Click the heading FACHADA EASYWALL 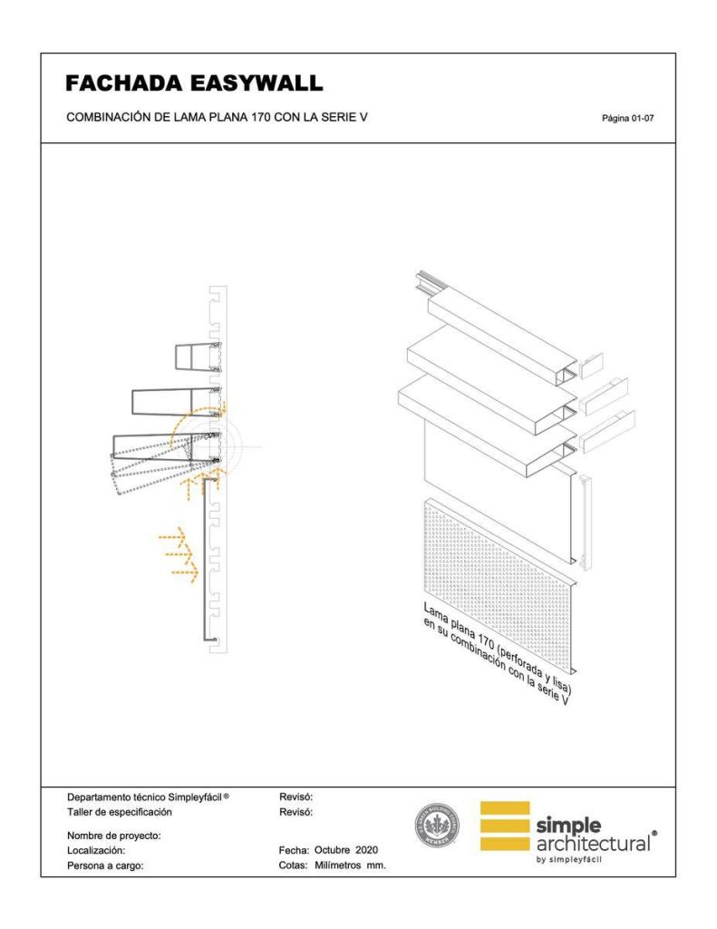194,84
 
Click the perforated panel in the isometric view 499,581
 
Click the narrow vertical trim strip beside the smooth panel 585,522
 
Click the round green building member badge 437,826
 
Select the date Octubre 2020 345,850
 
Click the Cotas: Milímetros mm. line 333,866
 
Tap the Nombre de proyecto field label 113,835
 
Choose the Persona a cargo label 106,866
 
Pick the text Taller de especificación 119,812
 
